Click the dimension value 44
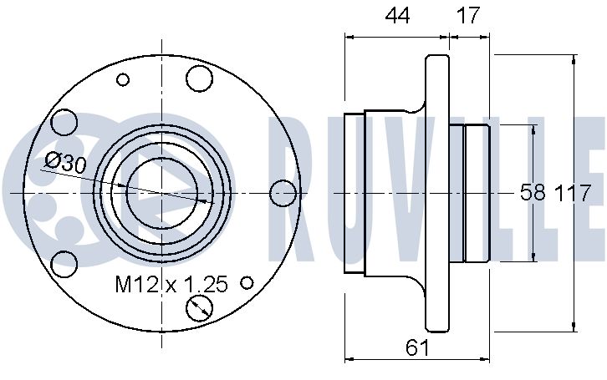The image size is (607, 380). [x=397, y=16]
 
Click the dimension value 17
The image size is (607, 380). [x=468, y=16]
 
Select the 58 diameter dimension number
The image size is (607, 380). [x=533, y=193]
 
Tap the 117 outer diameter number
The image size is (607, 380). [x=574, y=193]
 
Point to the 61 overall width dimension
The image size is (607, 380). [x=417, y=347]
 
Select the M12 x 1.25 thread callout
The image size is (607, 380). [x=171, y=284]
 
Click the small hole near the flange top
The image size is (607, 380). [x=123, y=80]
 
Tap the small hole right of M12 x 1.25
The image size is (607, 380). [x=247, y=282]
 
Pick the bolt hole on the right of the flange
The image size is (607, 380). [x=283, y=193]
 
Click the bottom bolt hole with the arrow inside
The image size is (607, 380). [x=199, y=308]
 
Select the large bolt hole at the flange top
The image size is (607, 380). [x=199, y=79]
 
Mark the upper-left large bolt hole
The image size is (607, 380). [x=64, y=123]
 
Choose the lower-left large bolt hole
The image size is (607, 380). [x=64, y=264]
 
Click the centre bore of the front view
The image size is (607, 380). [x=162, y=193]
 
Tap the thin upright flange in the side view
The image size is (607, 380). [x=437, y=193]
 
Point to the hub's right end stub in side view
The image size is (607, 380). [x=477, y=193]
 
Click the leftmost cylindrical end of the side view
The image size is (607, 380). [x=355, y=193]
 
